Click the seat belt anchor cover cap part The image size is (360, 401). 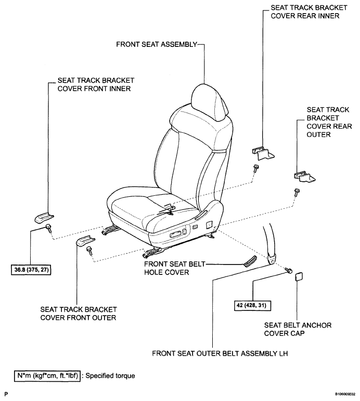tap(300, 277)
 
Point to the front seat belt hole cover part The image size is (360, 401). tap(250, 261)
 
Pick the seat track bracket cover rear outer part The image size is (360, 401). tap(304, 177)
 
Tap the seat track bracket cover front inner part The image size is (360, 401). tap(44, 218)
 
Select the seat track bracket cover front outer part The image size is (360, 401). tap(86, 241)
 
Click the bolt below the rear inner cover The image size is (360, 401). tap(256, 169)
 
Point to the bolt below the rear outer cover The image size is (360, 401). tap(297, 192)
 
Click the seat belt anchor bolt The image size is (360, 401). tap(289, 271)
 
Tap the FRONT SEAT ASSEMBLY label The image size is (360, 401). tap(157, 44)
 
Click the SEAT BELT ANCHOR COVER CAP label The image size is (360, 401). tap(298, 329)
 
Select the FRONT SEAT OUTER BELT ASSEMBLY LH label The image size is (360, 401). tap(220, 354)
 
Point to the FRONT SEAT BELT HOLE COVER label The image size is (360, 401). tap(175, 268)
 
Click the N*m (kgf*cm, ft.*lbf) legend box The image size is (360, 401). tap(47, 375)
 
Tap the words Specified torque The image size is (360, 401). tap(110, 375)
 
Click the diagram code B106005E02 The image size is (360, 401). tap(345, 394)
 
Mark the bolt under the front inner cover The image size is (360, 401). tap(48, 228)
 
